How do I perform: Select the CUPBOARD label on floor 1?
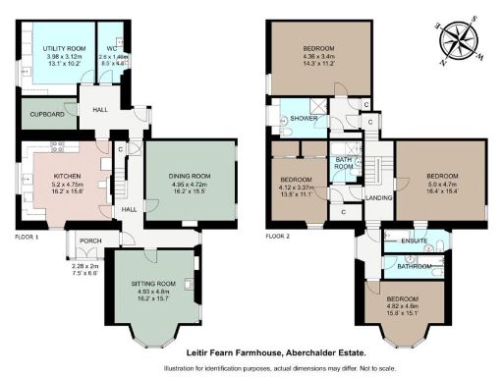click(x=46, y=114)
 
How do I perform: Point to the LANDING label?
click(x=378, y=196)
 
